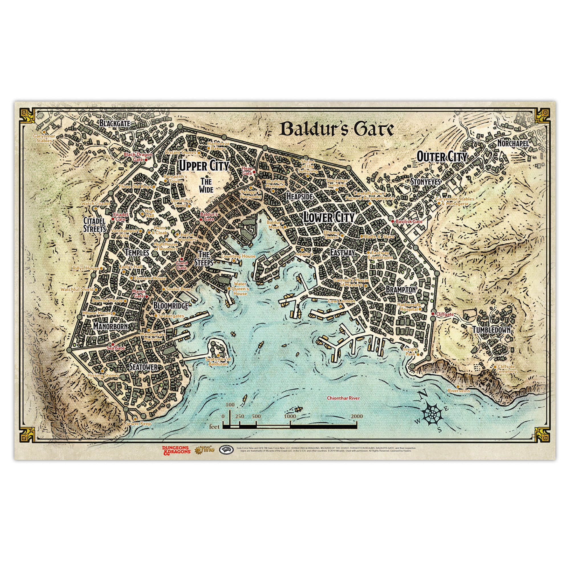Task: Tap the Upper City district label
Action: [204, 166]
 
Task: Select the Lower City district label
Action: [329, 218]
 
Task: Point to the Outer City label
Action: [442, 157]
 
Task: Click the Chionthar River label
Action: [343, 398]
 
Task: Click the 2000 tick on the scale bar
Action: [357, 416]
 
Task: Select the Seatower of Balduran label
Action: [218, 361]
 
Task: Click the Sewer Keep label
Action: [138, 424]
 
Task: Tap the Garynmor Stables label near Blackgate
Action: [44, 139]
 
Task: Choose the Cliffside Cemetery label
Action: [506, 369]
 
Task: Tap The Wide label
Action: [206, 185]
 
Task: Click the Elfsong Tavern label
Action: [331, 234]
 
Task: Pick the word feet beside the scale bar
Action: [215, 426]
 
